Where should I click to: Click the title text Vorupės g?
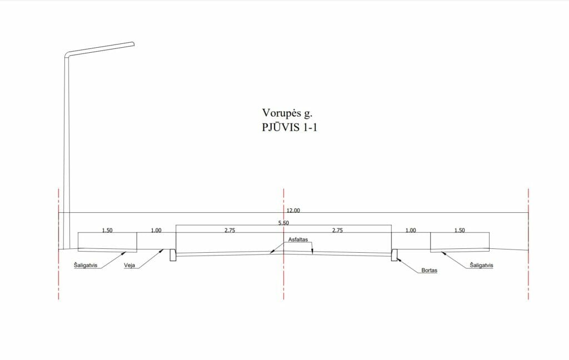[x=286, y=113]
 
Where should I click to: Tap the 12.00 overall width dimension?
[x=293, y=210]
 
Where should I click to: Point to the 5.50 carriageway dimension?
[x=283, y=223]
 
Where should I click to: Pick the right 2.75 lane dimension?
[x=337, y=230]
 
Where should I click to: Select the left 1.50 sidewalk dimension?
[x=107, y=230]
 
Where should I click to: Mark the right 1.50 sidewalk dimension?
[x=460, y=230]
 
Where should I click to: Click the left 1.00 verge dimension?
[x=156, y=230]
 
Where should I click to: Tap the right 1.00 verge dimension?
[x=410, y=230]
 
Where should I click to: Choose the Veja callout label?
[x=130, y=266]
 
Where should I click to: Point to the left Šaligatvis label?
[x=86, y=266]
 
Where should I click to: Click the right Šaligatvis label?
[x=481, y=266]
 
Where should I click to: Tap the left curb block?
[x=173, y=254]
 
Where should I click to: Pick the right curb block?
[x=394, y=254]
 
